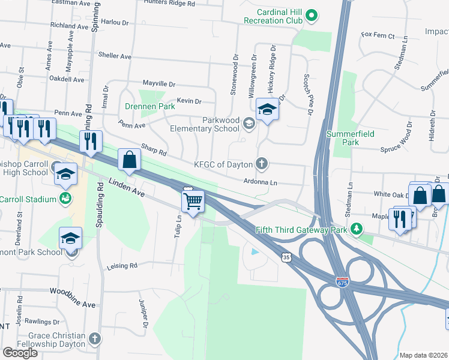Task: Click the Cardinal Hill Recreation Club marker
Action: pos(311,16)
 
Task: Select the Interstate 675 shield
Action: pos(342,281)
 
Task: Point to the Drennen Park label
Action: pos(150,107)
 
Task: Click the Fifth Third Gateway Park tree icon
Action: pos(357,229)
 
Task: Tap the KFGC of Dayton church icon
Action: pos(261,163)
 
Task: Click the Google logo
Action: pos(20,352)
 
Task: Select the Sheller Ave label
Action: pos(115,56)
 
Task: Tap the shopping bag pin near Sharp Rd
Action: pos(129,161)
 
